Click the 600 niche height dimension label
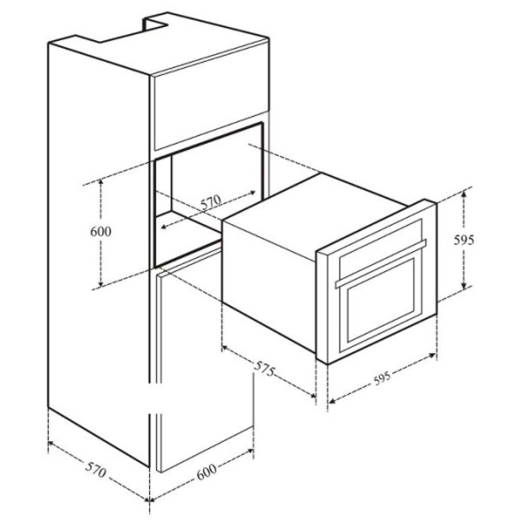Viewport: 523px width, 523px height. tap(101, 231)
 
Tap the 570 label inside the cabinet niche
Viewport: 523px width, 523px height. tap(211, 202)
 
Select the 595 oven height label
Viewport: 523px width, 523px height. tap(464, 240)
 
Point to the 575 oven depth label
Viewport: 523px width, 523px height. tap(265, 369)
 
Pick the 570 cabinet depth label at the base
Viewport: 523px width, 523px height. tap(96, 470)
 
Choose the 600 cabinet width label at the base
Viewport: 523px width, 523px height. tap(207, 472)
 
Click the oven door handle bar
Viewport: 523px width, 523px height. tap(381, 263)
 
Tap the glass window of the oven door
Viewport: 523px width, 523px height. tap(381, 300)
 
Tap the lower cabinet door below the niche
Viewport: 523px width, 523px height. tap(205, 360)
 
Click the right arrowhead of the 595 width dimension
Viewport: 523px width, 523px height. tap(433, 356)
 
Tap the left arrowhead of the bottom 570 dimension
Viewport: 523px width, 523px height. tap(51, 444)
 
